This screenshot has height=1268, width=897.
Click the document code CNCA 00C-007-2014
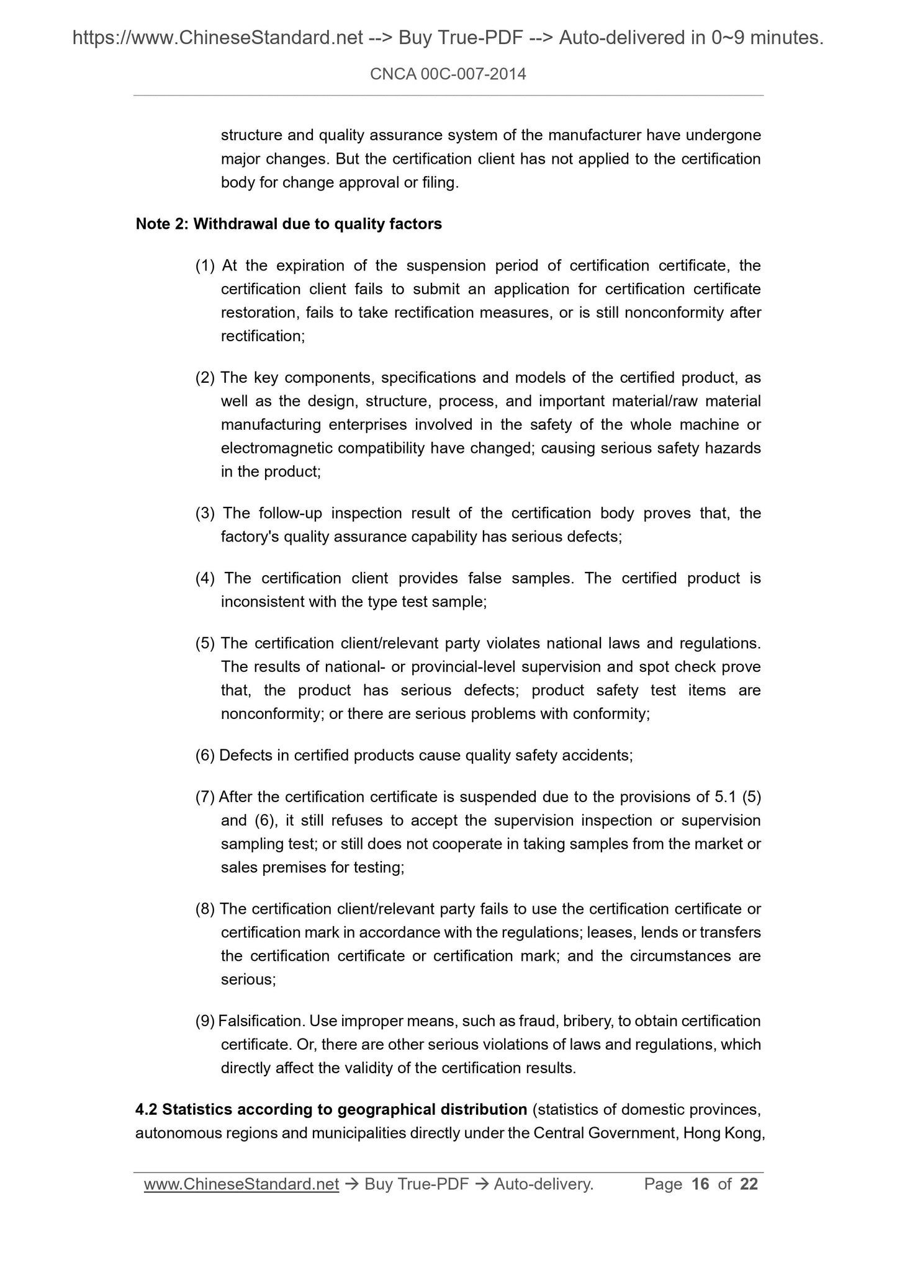point(448,74)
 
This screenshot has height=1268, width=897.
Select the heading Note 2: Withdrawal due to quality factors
point(289,224)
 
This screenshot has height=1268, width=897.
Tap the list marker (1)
point(205,266)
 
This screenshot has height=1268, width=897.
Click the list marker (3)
point(205,513)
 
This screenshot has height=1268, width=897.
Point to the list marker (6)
point(205,755)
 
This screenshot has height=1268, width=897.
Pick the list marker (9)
point(205,1020)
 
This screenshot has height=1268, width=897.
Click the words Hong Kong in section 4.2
point(723,1133)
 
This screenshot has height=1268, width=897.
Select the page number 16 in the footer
point(700,1184)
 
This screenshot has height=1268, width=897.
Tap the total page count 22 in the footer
point(749,1184)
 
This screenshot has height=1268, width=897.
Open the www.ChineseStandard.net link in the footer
point(241,1184)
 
